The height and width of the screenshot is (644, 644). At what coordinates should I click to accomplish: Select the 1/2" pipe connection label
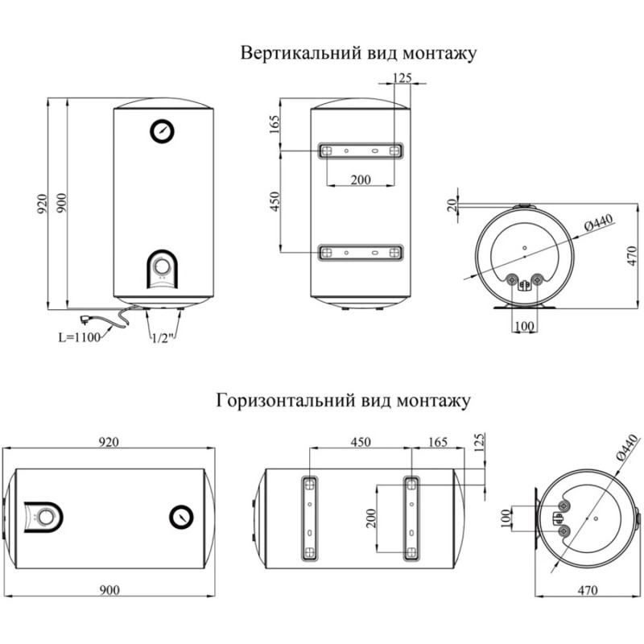(163, 339)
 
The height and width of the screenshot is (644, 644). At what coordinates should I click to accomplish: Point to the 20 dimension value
(452, 205)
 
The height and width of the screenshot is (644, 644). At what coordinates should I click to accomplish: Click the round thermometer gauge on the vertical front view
(162, 130)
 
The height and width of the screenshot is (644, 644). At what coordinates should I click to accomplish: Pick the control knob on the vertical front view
(161, 266)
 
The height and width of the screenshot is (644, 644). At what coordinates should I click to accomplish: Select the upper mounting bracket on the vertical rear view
(360, 151)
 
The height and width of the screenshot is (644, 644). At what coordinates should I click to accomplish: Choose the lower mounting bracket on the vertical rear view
(360, 252)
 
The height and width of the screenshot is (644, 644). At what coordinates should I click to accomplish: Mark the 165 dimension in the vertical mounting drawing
(273, 125)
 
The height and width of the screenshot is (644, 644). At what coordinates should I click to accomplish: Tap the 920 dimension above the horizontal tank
(109, 442)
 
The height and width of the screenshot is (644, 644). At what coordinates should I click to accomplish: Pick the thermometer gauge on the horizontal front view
(181, 515)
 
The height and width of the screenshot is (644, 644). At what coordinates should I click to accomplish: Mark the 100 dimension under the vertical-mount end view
(524, 326)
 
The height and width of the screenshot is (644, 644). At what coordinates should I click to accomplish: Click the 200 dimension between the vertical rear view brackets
(360, 180)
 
